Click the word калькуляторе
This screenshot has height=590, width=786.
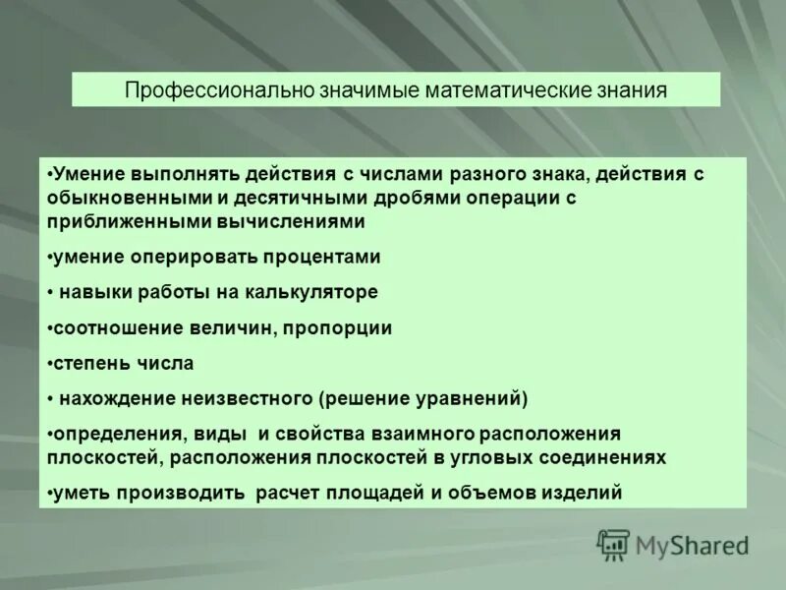coord(314,292)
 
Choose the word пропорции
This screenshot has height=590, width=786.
coord(339,327)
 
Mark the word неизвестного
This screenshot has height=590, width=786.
coord(248,398)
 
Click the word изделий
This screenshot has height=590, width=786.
coord(586,493)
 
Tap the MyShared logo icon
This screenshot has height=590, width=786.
coord(614,544)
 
